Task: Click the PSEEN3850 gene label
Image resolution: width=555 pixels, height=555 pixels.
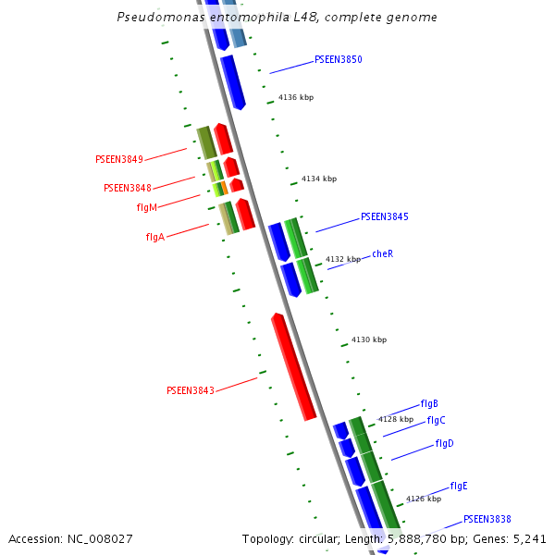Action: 338,59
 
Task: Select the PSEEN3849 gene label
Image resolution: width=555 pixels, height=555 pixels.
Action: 118,159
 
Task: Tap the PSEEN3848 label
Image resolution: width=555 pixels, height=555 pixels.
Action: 128,188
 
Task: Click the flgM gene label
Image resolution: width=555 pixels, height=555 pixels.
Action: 146,207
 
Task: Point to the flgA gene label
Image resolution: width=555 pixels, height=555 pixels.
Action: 154,237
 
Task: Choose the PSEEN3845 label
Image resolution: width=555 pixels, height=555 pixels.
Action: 384,216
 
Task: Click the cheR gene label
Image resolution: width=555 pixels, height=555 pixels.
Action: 383,253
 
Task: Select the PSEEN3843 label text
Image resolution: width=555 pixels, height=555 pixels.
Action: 190,390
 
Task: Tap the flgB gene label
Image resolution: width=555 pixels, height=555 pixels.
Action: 429,403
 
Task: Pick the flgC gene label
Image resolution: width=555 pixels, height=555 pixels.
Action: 436,420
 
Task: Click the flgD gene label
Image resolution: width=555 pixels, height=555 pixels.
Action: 444,443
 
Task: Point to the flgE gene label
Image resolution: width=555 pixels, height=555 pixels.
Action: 459,486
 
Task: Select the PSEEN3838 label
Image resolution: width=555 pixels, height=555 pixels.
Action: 487,519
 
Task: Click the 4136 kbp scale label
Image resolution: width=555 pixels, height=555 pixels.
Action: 295,97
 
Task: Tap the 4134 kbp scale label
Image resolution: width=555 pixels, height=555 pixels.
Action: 319,179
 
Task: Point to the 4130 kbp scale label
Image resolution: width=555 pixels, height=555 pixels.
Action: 369,339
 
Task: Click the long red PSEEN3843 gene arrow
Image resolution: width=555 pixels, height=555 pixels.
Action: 293,365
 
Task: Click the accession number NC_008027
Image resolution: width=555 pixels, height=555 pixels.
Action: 95,538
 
